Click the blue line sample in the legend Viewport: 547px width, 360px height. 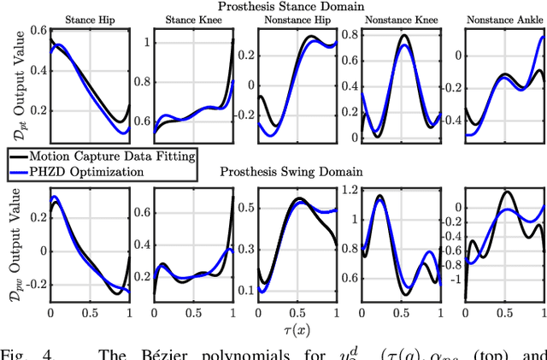20,172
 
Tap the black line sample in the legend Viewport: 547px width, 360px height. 20,156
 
